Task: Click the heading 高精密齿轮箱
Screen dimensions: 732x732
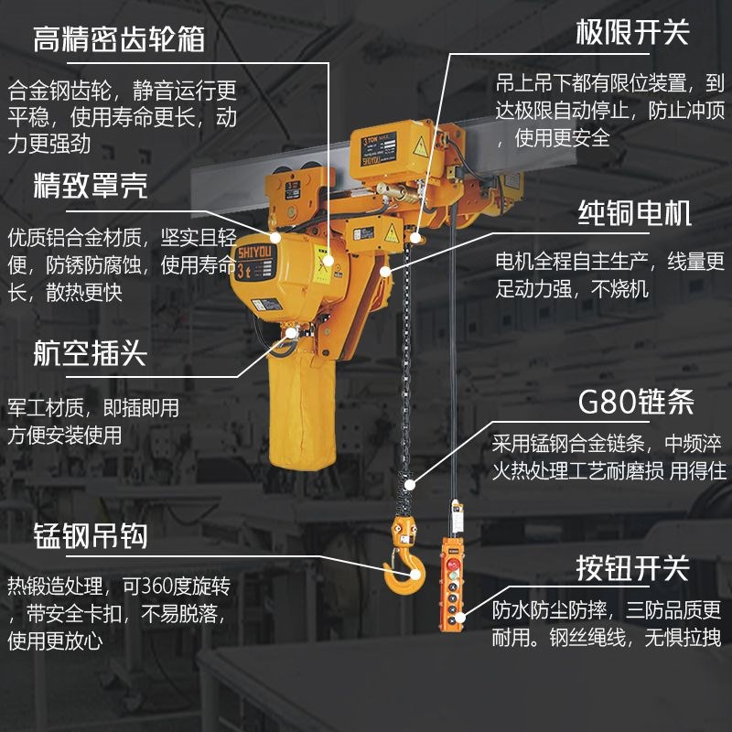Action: (x=118, y=39)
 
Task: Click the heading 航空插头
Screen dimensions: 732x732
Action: (x=90, y=353)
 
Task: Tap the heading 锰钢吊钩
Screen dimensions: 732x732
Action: (x=90, y=534)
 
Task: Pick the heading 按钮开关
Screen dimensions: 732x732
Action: (x=631, y=567)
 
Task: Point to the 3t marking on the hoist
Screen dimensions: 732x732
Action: (x=244, y=270)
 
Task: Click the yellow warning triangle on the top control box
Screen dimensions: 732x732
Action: (x=420, y=145)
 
